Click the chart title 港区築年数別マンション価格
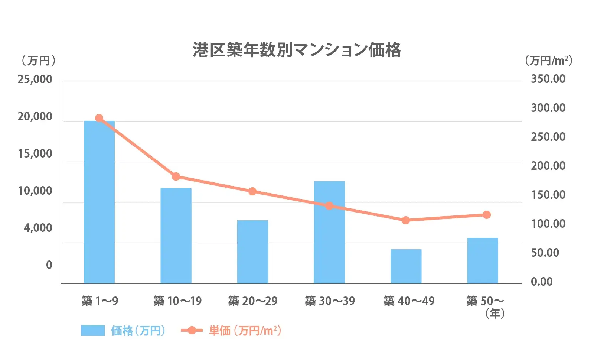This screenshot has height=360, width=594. tap(297, 50)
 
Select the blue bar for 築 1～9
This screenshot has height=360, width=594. tap(99, 202)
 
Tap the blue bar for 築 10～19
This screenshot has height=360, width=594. tap(176, 236)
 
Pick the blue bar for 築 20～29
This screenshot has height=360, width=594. tap(252, 252)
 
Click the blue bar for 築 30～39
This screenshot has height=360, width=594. tap(329, 232)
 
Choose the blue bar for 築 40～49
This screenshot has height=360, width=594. tap(406, 266)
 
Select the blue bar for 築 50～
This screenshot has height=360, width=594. tap(483, 260)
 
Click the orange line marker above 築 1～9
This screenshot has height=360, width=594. tap(99, 118)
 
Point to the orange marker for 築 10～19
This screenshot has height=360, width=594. tap(176, 176)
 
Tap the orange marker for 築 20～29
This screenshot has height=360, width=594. tap(252, 191)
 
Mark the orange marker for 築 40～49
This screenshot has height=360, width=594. tap(406, 220)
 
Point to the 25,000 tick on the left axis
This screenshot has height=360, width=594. tap(35, 80)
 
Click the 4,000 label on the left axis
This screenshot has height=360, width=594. tap(38, 228)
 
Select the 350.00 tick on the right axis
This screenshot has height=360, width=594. tap(548, 79)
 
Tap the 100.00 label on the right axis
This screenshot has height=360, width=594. tap(548, 224)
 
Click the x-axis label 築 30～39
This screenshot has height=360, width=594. tap(330, 301)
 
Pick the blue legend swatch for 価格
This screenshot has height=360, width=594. tap(93, 330)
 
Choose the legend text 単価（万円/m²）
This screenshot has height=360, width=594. tap(245, 330)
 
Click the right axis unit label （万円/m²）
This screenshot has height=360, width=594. tap(548, 61)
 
